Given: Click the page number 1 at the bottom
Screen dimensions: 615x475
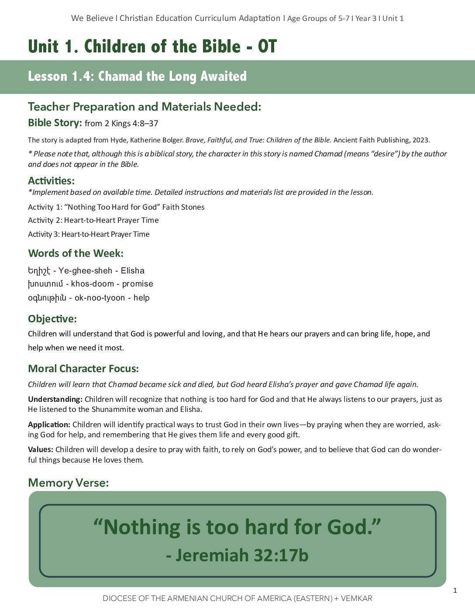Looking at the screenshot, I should [455, 591].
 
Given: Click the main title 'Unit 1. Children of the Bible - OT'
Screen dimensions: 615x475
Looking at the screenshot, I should [152, 47].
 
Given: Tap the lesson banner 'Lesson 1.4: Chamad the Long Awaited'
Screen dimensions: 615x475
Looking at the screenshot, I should [137, 76].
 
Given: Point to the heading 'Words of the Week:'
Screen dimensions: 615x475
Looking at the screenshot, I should [76, 253].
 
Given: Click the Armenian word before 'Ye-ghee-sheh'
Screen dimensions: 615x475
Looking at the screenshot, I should [39, 271].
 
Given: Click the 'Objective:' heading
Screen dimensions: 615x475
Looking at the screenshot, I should [52, 319].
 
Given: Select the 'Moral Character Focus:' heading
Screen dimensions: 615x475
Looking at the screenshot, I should [83, 369].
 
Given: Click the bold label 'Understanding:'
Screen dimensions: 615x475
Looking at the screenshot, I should [55, 399].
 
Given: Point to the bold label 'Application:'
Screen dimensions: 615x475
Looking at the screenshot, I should [49, 425].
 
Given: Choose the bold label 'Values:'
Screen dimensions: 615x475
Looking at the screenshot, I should [41, 449].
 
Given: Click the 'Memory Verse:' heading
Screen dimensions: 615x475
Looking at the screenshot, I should [68, 483].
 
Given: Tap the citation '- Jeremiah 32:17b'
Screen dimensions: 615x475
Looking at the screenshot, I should [237, 555].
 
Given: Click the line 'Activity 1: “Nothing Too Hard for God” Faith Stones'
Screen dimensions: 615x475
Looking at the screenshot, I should [116, 207].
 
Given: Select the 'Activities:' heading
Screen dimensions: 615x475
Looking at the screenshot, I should [51, 181].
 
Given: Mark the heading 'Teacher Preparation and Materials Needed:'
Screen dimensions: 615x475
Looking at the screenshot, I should [145, 107].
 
